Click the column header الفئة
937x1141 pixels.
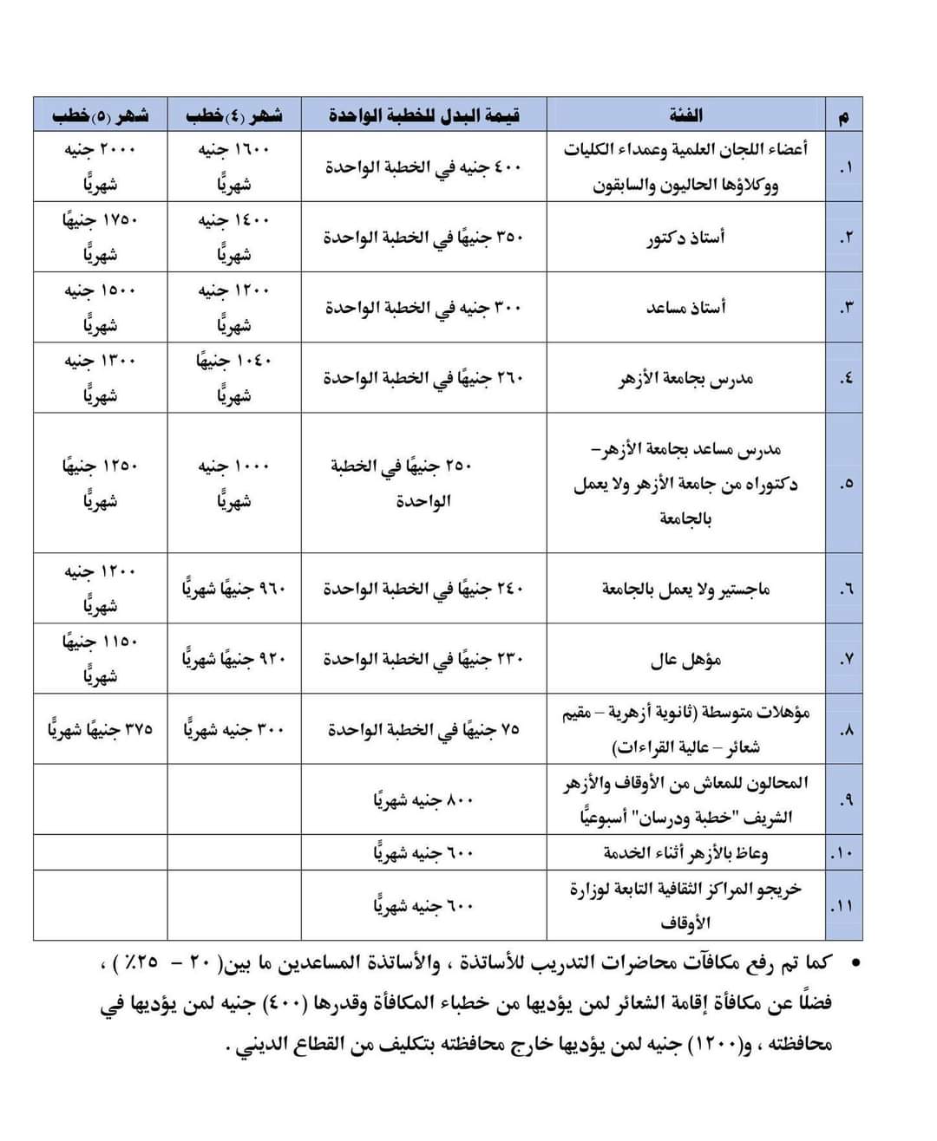(685, 114)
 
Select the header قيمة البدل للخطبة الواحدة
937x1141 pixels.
(423, 114)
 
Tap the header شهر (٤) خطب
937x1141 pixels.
(234, 114)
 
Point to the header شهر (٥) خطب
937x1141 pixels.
(101, 114)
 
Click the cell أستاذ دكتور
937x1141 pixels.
(685, 238)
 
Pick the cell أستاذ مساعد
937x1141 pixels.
(685, 308)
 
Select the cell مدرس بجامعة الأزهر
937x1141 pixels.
(685, 378)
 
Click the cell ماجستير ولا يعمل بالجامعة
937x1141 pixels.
(685, 589)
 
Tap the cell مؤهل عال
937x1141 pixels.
(685, 660)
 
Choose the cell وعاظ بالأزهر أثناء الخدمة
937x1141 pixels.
(685, 853)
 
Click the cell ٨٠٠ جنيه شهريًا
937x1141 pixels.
(423, 800)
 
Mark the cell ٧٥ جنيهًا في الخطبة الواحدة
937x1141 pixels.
(423, 729)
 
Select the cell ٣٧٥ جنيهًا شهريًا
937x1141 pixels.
(101, 729)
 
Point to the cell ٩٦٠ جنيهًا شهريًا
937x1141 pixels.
(234, 589)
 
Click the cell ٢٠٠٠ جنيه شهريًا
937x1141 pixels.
(101, 166)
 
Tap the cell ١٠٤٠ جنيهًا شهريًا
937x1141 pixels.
(234, 378)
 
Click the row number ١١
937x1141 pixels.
(842, 906)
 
